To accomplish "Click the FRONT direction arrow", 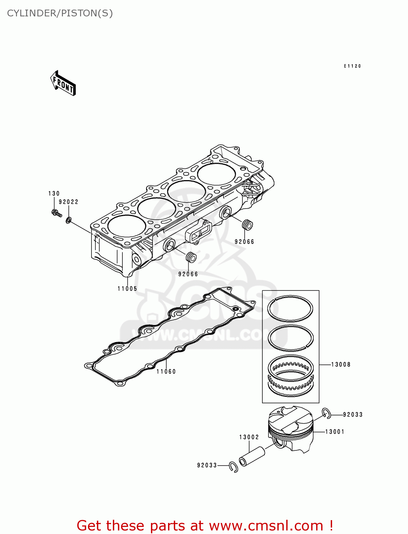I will (x=63, y=83).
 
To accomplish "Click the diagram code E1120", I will (x=352, y=66).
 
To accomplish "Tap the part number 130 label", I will (x=54, y=194).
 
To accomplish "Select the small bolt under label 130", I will (x=56, y=213).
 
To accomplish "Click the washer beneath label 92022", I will (x=68, y=220).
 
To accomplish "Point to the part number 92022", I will (x=68, y=202).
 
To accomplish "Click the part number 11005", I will (x=127, y=289).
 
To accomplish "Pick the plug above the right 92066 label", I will (x=247, y=225).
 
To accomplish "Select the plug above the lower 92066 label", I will (x=191, y=257).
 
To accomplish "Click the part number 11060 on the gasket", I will (x=166, y=372).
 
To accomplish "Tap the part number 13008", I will (x=341, y=365).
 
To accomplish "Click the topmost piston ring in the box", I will (x=290, y=308).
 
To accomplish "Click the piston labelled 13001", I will (x=291, y=429).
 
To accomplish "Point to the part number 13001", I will (x=335, y=432).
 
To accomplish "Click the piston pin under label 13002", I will (x=252, y=456).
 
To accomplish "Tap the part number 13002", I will (x=249, y=437).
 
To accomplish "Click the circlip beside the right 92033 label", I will (x=326, y=413).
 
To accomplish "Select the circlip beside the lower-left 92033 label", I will (x=234, y=467).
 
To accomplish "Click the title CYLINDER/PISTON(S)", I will (x=60, y=13).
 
